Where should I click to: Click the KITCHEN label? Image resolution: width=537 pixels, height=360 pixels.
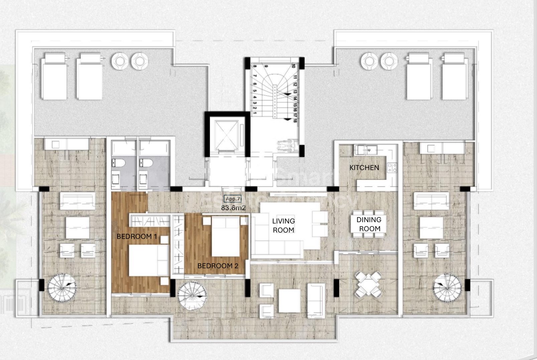tap(364, 168)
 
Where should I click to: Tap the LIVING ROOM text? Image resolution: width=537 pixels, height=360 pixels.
tap(283, 225)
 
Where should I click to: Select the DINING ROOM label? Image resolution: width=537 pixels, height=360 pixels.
tap(369, 224)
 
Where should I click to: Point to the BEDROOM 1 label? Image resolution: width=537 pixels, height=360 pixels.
tap(137, 236)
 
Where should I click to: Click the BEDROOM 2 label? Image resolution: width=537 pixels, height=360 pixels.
tap(217, 266)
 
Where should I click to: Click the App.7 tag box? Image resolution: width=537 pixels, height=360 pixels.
tap(233, 199)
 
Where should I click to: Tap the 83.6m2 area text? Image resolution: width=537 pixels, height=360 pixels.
tap(233, 208)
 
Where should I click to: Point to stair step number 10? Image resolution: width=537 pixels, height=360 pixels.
tap(293, 66)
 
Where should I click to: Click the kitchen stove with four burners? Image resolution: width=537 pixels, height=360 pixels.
tap(392, 168)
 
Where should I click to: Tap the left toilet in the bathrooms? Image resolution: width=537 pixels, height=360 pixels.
tap(119, 163)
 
